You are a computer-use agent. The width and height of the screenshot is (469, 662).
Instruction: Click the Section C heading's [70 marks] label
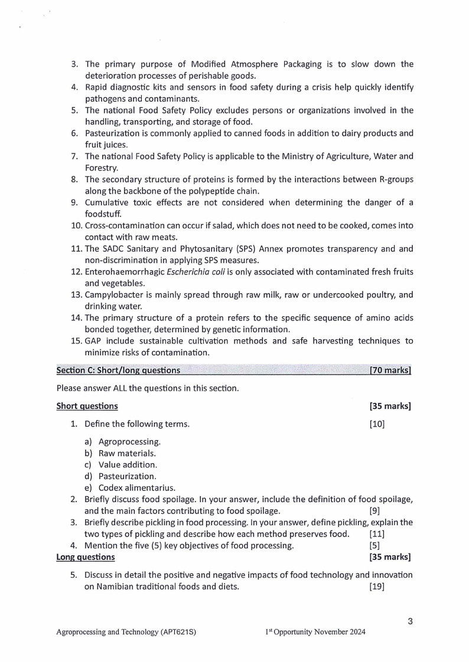[x=390, y=371]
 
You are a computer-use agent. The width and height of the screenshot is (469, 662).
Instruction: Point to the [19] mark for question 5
[x=377, y=586]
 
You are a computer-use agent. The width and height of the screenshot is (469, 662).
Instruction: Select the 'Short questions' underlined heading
[x=87, y=406]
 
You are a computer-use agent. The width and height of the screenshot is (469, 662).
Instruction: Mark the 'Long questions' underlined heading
[x=86, y=557]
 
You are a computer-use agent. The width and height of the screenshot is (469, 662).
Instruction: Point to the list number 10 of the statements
[x=77, y=226]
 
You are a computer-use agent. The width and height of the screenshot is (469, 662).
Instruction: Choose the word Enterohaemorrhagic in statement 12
[x=124, y=272]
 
